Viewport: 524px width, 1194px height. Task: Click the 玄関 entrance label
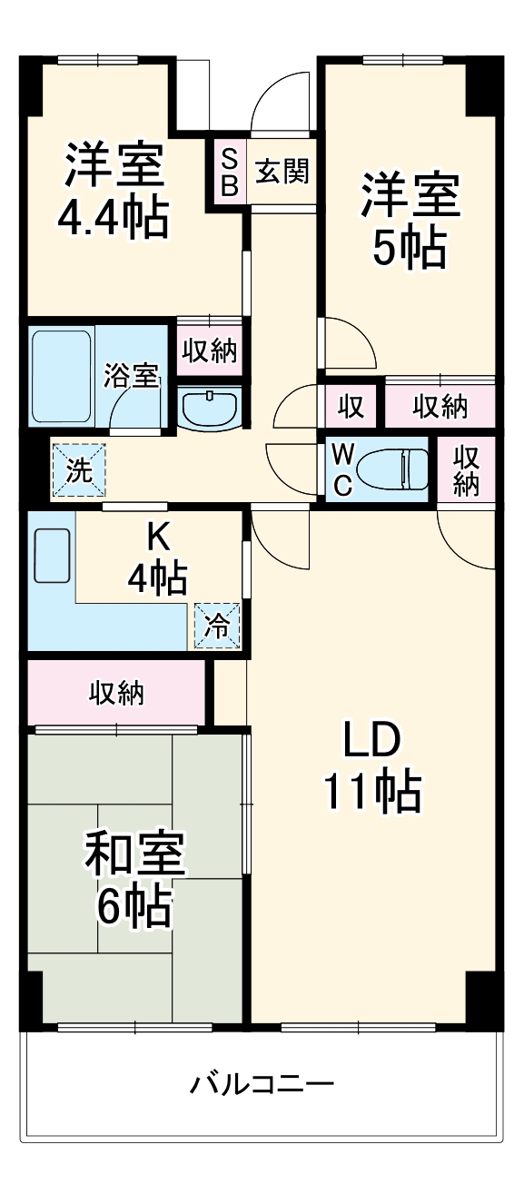tap(282, 172)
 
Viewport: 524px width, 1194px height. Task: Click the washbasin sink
tap(210, 408)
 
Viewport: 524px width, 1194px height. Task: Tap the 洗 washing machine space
tap(79, 470)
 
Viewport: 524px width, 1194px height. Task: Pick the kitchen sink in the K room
tap(52, 555)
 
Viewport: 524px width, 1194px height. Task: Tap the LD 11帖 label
tap(372, 768)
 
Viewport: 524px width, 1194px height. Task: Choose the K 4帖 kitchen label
tap(158, 558)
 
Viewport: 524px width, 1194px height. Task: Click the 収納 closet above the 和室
tap(116, 694)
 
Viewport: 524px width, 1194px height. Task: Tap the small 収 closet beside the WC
tap(351, 408)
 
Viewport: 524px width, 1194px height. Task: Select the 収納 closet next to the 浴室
tap(210, 350)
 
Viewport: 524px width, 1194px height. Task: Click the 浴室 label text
tap(132, 375)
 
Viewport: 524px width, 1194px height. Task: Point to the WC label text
tap(342, 469)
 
